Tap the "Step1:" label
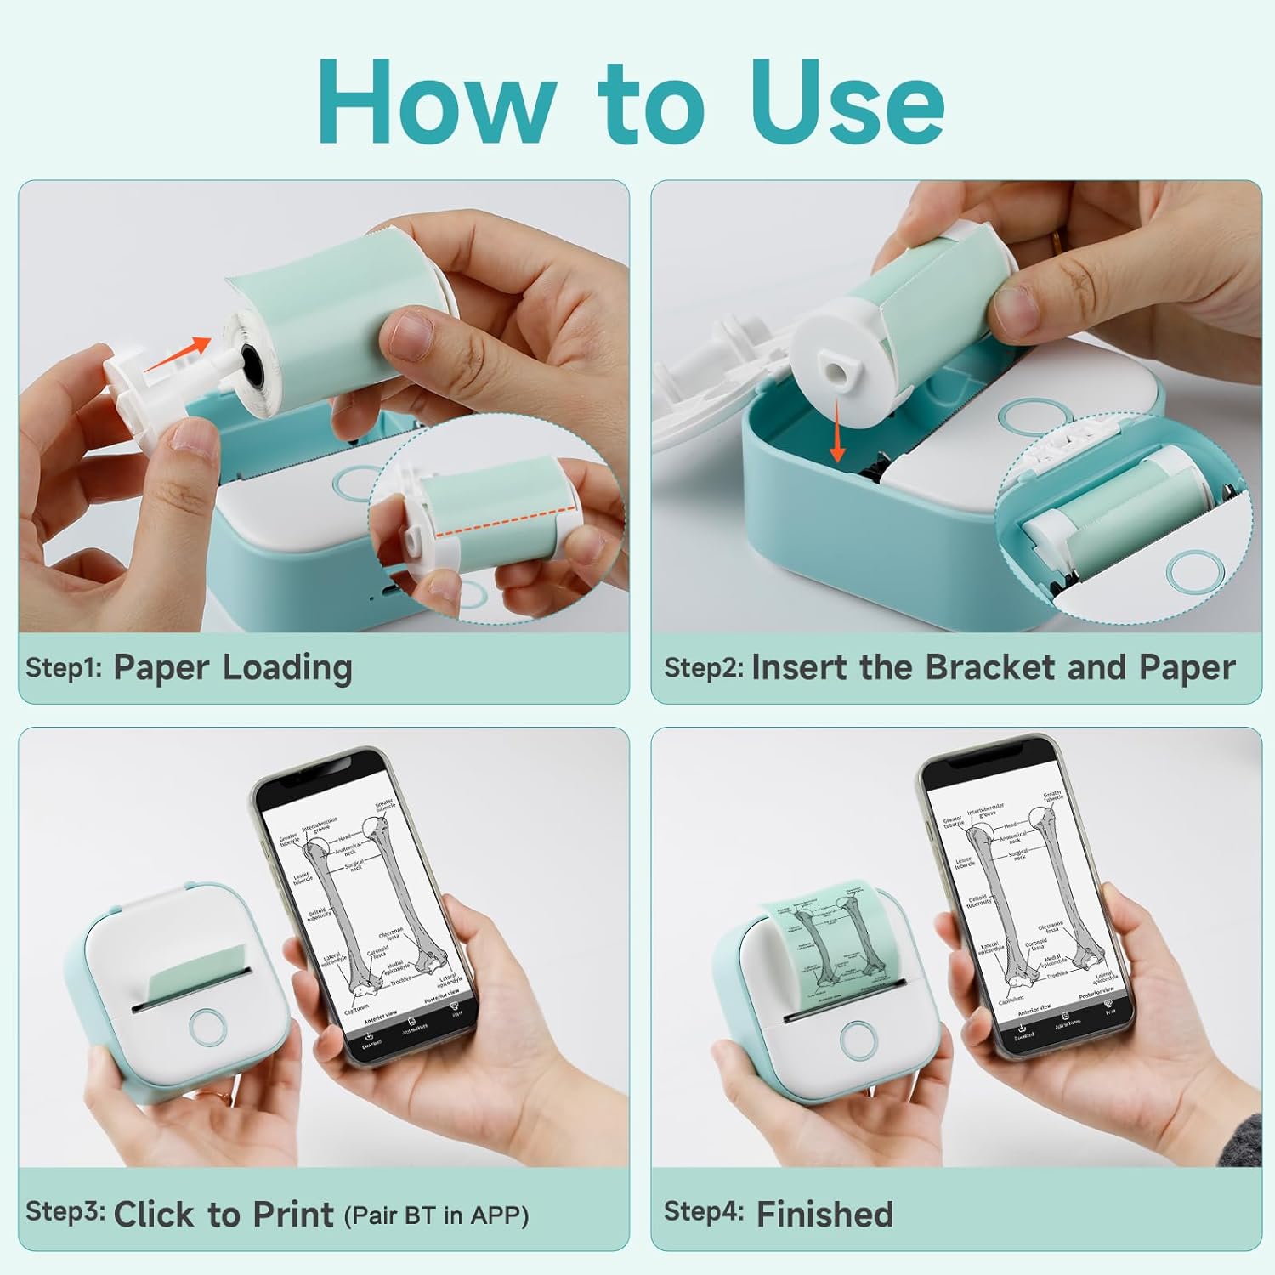[x=64, y=667]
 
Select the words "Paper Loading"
[x=232, y=668]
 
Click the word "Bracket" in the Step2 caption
[x=991, y=667]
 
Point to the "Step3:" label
[x=65, y=1211]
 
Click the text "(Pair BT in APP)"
[x=436, y=1215]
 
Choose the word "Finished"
[x=824, y=1214]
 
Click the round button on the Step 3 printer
[x=208, y=1027]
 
